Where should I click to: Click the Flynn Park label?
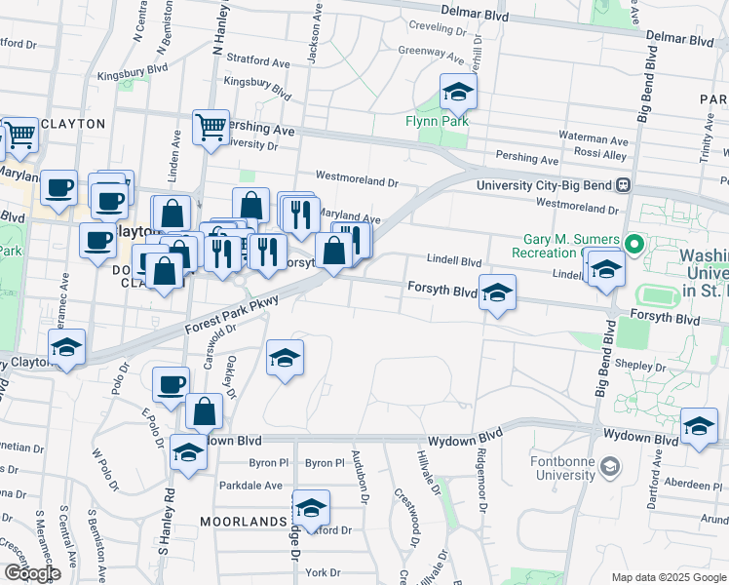click(438, 121)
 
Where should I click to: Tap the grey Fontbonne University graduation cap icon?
click(610, 465)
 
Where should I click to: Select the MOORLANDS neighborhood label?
click(244, 522)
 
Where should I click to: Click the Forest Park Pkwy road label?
click(232, 316)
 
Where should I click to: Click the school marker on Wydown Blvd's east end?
click(699, 427)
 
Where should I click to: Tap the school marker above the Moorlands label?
click(311, 509)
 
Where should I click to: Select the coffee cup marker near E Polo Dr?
click(172, 383)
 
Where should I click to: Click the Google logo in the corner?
click(31, 573)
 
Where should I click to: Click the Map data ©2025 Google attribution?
click(667, 577)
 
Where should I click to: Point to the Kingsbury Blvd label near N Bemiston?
click(85, 70)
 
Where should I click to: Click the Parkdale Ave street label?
click(250, 485)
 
